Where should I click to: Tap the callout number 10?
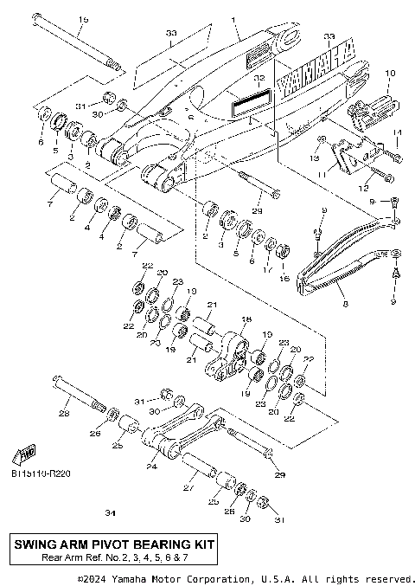pos(389,73)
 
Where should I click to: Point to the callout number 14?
pos(399,132)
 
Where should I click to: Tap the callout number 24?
pos(152,467)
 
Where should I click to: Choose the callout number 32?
pos(258,78)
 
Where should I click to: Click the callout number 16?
pos(283,279)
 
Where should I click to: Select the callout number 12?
pos(361,187)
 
